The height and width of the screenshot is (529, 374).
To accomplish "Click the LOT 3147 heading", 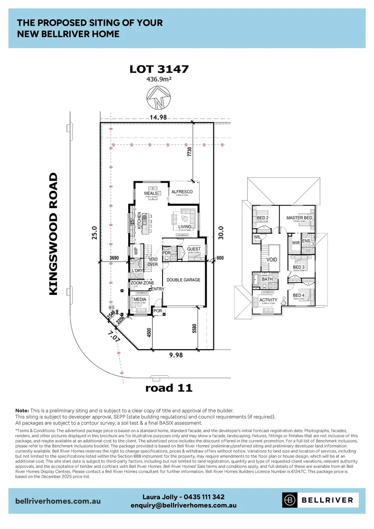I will click(159, 69).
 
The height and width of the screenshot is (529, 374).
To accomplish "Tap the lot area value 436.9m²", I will click(159, 79).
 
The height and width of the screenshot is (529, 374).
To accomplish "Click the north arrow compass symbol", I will click(159, 97).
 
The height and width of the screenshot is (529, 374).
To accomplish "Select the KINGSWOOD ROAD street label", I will click(54, 234).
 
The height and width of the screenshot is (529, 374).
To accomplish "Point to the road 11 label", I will click(169, 388).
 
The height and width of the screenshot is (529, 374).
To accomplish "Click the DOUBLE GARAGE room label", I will click(184, 280).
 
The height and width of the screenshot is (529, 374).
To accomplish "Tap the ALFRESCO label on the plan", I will click(182, 192).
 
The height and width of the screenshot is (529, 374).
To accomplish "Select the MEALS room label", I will click(151, 193).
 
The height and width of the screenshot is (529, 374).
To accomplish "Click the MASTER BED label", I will click(299, 217).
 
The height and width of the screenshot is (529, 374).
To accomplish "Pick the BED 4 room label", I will click(298, 295).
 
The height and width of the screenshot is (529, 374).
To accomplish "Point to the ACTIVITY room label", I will click(268, 300).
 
